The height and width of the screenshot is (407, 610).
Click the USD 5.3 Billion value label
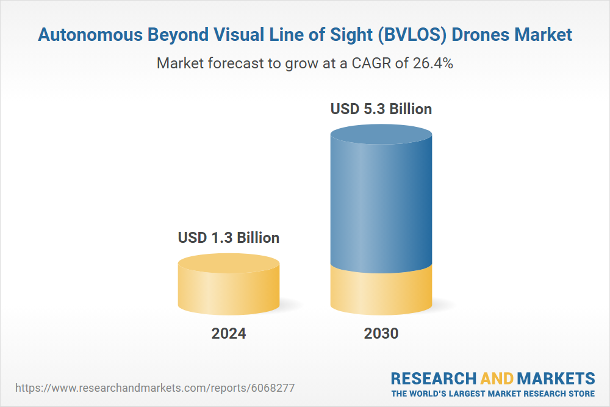(381, 109)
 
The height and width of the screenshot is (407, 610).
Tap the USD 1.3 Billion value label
(229, 237)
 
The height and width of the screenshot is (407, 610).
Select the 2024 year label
(229, 333)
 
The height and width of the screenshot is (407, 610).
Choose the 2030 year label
(381, 333)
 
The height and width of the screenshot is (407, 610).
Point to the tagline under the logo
(493, 393)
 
